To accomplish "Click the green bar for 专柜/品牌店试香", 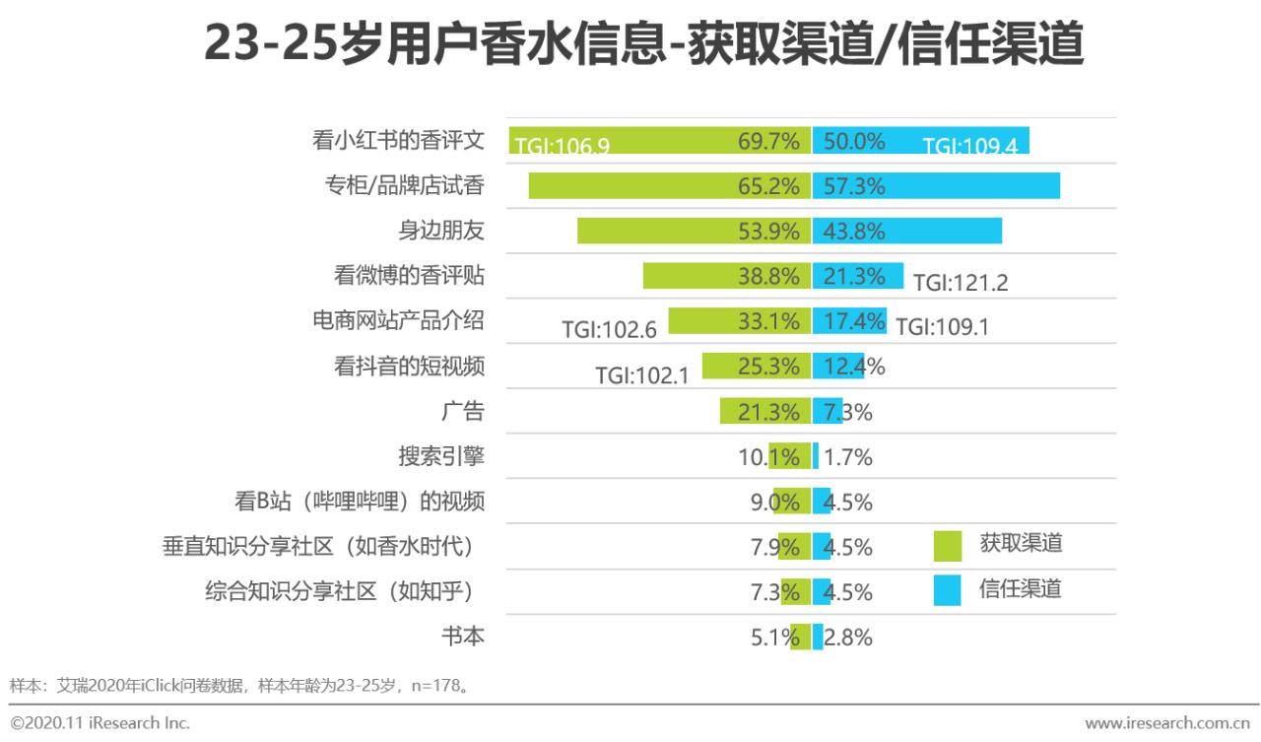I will tap(670, 186).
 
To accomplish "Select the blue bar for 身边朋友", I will tap(906, 232).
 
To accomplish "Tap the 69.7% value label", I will tap(768, 141).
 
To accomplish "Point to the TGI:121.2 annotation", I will tap(960, 283).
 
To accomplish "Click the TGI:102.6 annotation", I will tap(609, 329).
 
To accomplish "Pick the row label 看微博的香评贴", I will tap(409, 276).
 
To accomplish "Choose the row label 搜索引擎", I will tap(441, 457).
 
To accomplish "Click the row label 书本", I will tap(463, 637).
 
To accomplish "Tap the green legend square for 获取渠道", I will tap(948, 545).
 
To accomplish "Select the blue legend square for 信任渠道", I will tap(948, 590).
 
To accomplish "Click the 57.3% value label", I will tap(854, 186).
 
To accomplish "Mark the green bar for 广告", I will tap(764, 412).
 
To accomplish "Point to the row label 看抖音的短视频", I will tap(409, 367).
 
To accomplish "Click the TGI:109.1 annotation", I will tap(942, 327).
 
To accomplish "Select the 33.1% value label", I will tap(768, 321).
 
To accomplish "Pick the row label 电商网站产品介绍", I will tap(397, 321).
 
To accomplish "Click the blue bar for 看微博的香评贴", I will tap(858, 276).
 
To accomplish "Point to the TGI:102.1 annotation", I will tap(641, 375).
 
